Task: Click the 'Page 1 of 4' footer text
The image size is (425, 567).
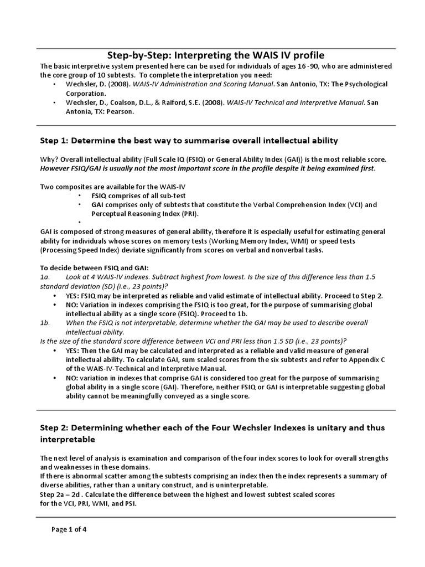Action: tap(69, 529)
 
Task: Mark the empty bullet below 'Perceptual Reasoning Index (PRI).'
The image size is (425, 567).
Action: tap(80, 222)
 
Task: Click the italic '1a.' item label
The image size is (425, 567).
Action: tap(45, 276)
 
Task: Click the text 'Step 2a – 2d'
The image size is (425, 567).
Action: tap(62, 494)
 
